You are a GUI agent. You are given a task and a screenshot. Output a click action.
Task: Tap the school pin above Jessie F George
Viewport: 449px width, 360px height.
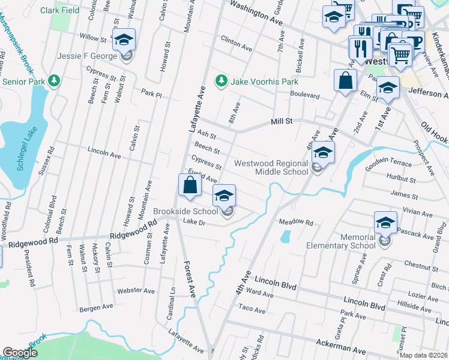pos(124,40)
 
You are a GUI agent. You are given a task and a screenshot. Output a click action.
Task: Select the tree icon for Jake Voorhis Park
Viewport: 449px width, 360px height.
pos(221,80)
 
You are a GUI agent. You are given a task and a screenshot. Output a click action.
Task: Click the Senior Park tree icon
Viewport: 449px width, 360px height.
pos(54,80)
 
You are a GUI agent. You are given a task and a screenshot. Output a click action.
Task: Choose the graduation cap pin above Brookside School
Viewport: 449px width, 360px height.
pos(224,196)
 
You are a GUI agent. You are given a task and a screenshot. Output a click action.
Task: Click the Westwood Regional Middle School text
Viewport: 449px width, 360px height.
pos(271,167)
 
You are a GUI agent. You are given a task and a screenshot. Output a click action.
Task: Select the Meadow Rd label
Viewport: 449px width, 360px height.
pos(296,222)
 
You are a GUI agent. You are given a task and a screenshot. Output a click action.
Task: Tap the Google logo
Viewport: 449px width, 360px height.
pos(20,352)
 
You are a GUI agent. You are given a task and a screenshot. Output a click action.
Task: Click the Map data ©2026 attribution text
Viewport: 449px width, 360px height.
pos(423,355)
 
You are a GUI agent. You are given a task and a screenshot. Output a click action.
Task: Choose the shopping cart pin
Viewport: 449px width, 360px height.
pos(400,55)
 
